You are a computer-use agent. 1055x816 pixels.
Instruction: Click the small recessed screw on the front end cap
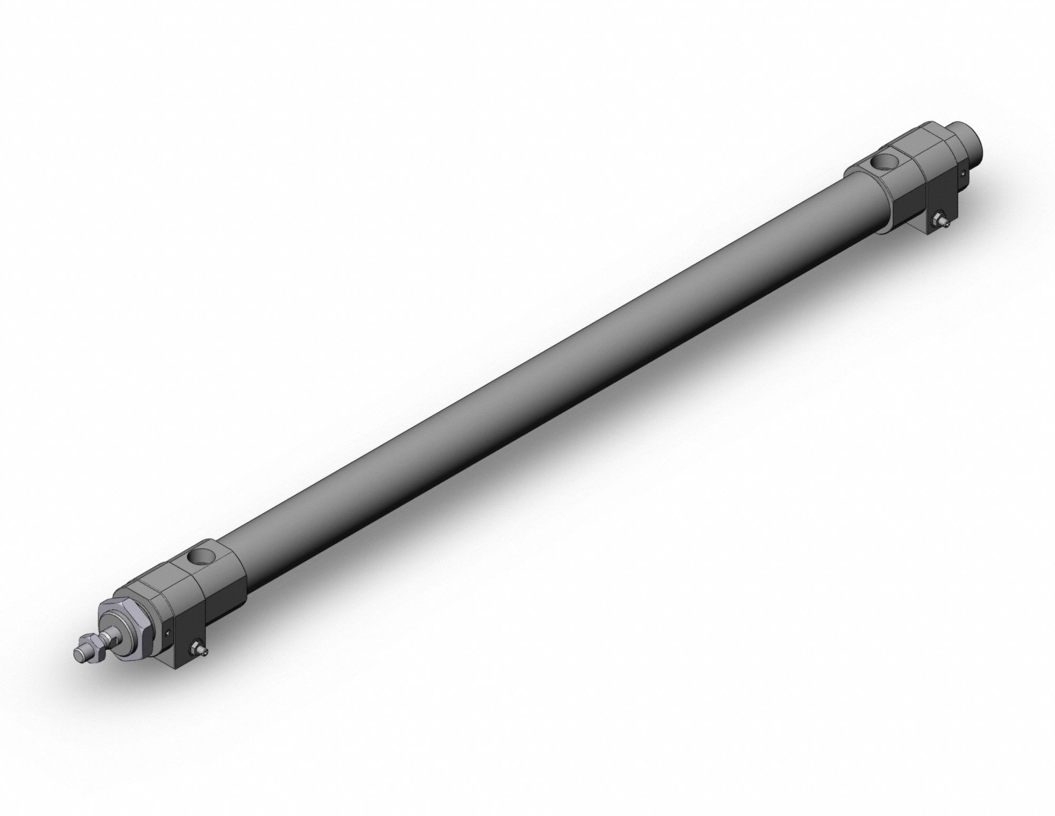tap(168, 634)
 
